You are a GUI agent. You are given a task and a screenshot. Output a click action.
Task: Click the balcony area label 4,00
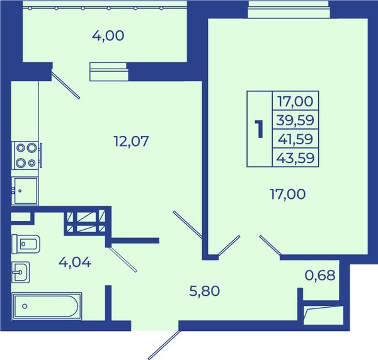pos(108,36)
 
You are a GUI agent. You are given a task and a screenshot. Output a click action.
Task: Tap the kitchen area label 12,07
pos(131,141)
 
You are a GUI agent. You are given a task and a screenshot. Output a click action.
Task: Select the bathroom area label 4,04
pos(75,262)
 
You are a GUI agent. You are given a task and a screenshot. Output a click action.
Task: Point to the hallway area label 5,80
pos(204,291)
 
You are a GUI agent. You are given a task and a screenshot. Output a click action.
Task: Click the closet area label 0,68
pos(320,275)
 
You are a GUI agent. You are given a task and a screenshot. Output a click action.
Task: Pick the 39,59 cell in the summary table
pos(295,120)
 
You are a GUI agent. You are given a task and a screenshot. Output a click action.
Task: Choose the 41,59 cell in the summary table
pos(295,139)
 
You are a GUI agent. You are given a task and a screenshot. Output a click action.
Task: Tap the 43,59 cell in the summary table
pos(295,158)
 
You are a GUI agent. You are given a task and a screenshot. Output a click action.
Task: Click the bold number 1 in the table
pos(260,129)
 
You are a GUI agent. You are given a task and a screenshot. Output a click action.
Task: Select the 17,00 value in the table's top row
pos(295,101)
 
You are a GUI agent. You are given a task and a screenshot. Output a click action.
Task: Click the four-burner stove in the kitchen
pos(26,155)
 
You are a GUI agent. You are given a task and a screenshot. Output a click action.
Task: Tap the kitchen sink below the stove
pos(25,191)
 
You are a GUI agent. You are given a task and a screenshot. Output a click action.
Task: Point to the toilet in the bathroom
pos(26,244)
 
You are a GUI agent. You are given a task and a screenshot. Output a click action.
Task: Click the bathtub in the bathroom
pos(47,306)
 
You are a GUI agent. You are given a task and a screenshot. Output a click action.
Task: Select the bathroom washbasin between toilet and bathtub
pos(21,272)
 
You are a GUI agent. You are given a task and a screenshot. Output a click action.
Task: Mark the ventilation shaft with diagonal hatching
pos(86,222)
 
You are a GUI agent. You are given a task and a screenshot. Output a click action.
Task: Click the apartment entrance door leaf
pos(164,345)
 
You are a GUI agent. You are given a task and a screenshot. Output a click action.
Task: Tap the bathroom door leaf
pos(123,259)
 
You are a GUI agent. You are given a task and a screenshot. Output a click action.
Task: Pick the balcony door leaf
pos(66,84)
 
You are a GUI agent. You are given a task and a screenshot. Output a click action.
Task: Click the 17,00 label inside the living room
pos(288,194)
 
